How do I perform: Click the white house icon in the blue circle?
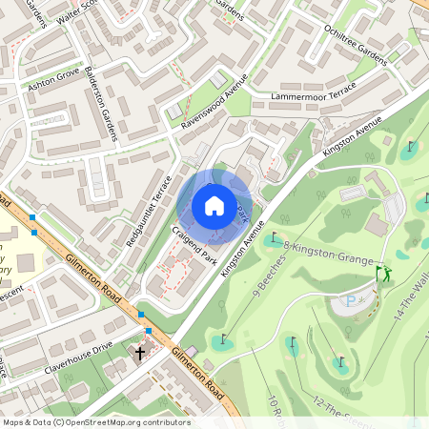click(x=214, y=206)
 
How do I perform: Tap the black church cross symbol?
click(x=140, y=353)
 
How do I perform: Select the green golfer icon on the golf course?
click(x=383, y=275)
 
